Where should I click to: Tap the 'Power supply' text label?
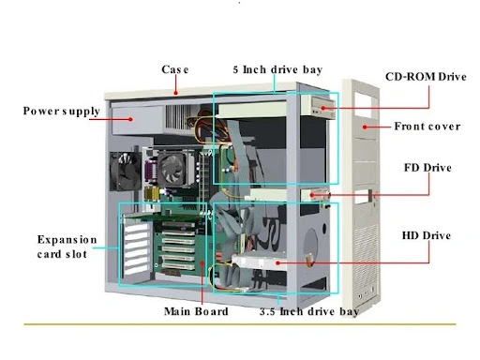point(62,112)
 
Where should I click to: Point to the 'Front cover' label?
point(427,127)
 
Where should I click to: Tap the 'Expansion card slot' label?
point(67,247)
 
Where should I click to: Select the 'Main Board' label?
point(196,311)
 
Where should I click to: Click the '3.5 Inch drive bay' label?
point(308,311)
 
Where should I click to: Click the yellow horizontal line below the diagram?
point(240,324)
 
